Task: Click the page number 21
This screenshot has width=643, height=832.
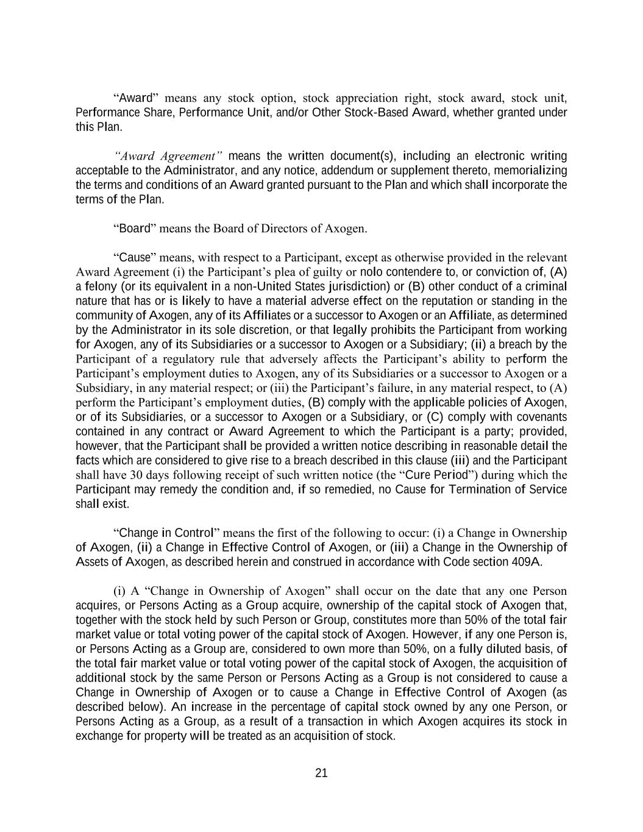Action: [x=322, y=773]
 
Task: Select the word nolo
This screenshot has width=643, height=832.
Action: [x=372, y=272]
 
